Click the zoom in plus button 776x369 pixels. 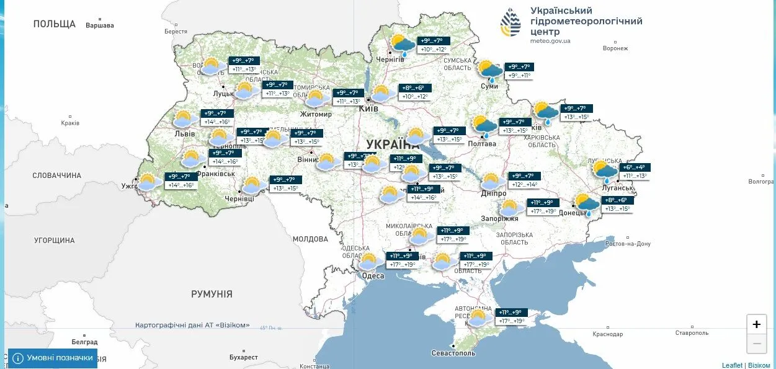(x=756, y=324)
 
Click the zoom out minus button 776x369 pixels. (x=756, y=344)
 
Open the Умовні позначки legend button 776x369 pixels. (x=53, y=358)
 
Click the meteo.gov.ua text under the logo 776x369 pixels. (x=550, y=41)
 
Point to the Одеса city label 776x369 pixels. (x=373, y=276)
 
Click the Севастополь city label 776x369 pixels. (x=453, y=353)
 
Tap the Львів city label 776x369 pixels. (x=184, y=133)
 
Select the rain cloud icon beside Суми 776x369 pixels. (x=490, y=71)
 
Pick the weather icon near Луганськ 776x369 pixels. (x=604, y=171)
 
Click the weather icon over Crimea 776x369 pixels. (x=478, y=318)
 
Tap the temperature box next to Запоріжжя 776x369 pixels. (x=542, y=207)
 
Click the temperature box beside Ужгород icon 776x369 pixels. (x=181, y=180)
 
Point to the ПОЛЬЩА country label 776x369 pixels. (x=55, y=24)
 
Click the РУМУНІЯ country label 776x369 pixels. (x=212, y=294)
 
